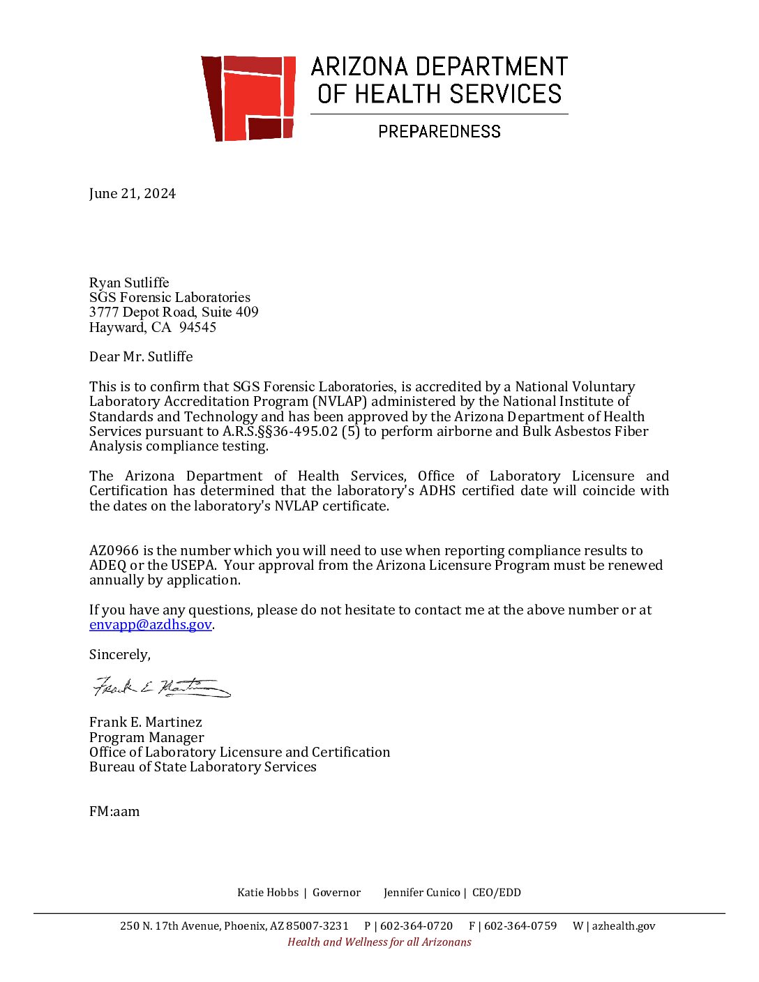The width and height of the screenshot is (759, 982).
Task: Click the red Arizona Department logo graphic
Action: tap(248, 98)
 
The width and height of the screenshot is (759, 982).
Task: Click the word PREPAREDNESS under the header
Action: tap(439, 131)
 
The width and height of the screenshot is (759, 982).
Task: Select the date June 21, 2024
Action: tap(133, 194)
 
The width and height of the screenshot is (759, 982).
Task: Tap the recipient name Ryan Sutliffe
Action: tap(129, 282)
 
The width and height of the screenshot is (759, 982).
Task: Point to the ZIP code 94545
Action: tap(197, 327)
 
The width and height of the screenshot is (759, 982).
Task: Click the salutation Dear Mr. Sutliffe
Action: tap(141, 356)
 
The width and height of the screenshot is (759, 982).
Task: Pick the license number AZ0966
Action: tap(114, 550)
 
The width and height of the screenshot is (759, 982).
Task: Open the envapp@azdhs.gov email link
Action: tap(150, 624)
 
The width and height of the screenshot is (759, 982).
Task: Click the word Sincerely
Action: tap(119, 654)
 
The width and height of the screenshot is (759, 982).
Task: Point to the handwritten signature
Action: tap(161, 687)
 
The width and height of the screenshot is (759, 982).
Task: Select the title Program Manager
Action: tap(146, 737)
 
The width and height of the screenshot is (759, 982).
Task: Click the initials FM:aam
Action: tap(114, 811)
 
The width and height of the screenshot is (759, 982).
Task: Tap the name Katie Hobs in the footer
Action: tap(267, 893)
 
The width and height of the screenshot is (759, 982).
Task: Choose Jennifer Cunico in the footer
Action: tap(421, 893)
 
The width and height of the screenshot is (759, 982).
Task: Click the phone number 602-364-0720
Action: tap(416, 926)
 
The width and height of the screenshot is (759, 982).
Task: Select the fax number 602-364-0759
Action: tap(520, 926)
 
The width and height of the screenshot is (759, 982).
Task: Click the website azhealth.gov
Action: tap(624, 926)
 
